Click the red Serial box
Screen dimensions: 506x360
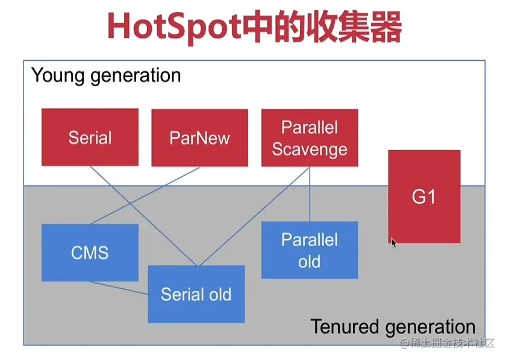(90, 137)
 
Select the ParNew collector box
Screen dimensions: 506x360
(200, 138)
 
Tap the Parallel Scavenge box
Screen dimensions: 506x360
(310, 138)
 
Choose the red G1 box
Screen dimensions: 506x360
(424, 196)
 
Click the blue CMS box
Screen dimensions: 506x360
(90, 253)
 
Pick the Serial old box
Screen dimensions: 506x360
(196, 294)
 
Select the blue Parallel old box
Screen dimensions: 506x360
(310, 250)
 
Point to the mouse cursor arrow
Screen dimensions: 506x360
(394, 243)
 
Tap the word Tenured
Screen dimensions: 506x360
(345, 326)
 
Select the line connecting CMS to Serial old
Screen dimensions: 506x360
(119, 288)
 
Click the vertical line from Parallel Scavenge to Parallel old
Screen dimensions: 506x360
(310, 194)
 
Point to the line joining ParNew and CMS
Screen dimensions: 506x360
(145, 196)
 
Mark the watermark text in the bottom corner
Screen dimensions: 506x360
(447, 343)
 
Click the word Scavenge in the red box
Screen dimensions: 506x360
(310, 150)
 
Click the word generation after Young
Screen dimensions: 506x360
(136, 76)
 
